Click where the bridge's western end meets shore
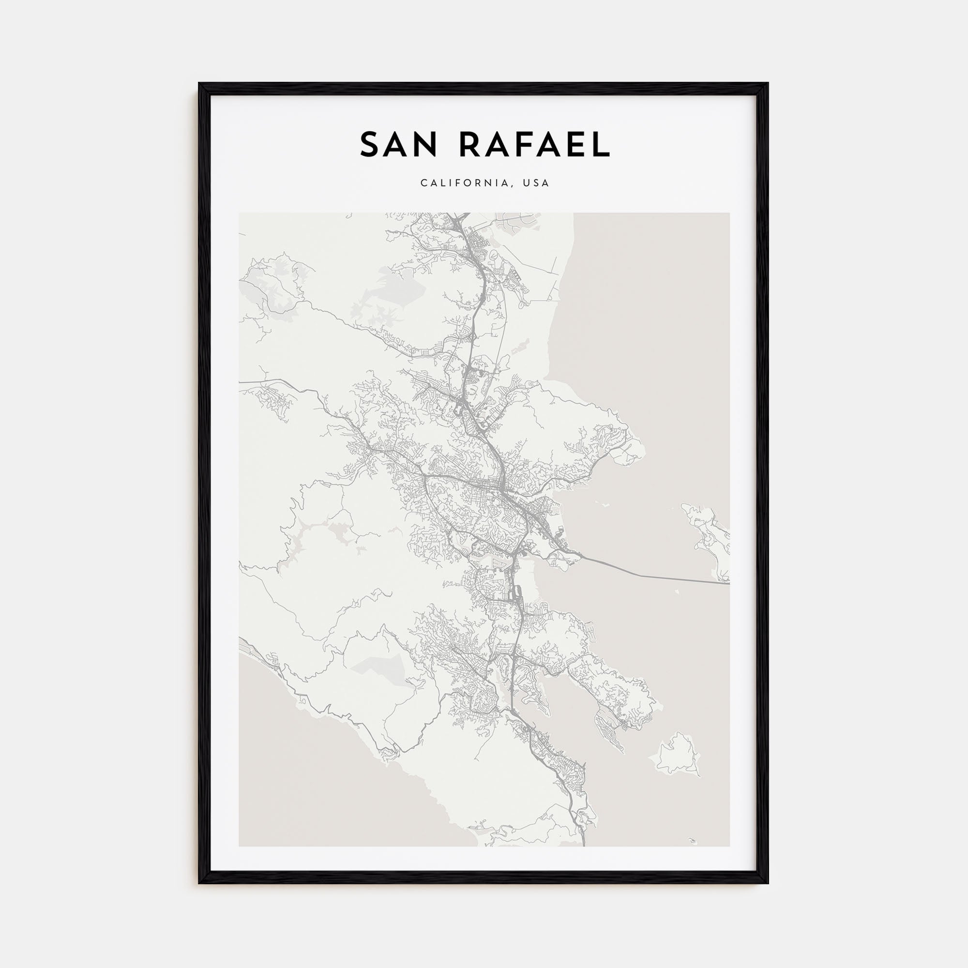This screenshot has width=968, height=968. click(581, 557)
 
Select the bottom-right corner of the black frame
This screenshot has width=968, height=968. click(768, 883)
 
